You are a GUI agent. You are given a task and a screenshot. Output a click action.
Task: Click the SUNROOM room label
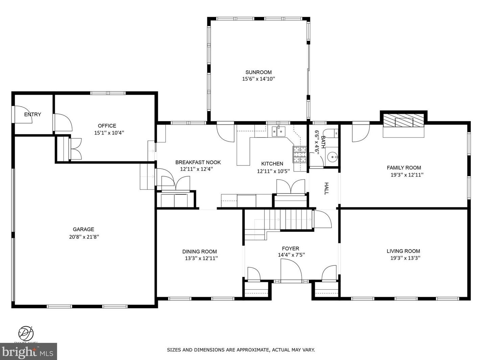click(x=259, y=72)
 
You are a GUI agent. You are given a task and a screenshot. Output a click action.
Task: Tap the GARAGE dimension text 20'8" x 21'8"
click(x=84, y=237)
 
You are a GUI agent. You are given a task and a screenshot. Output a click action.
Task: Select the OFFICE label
click(x=107, y=126)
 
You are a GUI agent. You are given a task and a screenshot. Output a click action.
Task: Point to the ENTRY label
click(x=32, y=114)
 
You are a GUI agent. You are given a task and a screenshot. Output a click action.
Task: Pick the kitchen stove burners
click(x=299, y=154)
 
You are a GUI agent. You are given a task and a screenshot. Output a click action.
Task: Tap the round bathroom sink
click(x=332, y=157)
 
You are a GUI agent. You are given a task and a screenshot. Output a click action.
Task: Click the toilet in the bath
click(x=331, y=133)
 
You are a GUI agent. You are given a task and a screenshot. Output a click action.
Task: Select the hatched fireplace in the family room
click(x=403, y=120)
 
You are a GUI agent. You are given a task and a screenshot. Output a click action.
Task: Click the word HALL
click(x=327, y=188)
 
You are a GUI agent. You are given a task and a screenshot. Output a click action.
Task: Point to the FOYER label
click(x=290, y=249)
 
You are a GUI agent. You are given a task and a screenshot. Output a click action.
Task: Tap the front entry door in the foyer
click(x=291, y=270)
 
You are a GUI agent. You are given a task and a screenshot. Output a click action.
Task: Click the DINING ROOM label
click(x=200, y=252)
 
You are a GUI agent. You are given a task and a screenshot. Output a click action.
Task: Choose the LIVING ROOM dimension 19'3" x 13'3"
click(x=405, y=258)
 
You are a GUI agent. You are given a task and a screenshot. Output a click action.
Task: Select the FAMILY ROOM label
click(x=404, y=168)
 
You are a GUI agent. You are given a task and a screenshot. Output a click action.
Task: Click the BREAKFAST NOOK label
click(x=198, y=162)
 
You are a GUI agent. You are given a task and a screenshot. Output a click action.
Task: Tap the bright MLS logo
click(x=28, y=352)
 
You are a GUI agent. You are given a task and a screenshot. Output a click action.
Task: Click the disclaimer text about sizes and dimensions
click(x=241, y=350)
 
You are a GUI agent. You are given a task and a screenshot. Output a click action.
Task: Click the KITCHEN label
click(x=272, y=164)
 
